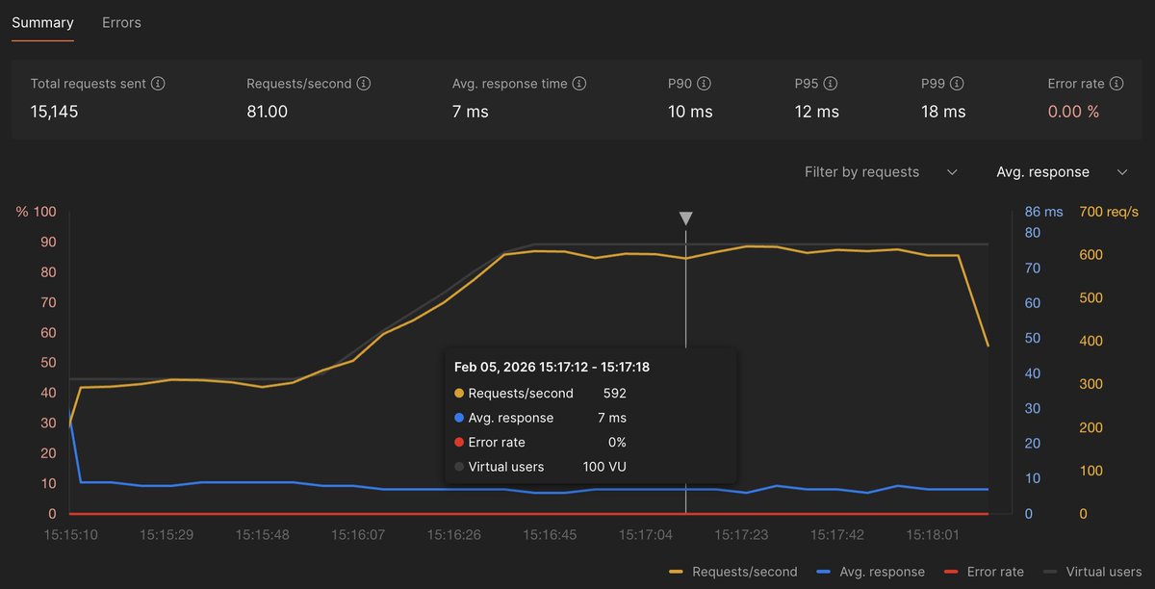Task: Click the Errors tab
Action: pos(121,22)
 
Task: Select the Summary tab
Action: pos(42,22)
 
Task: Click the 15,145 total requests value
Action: pos(54,112)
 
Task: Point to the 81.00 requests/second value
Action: pos(267,112)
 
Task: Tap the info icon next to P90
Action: pos(704,84)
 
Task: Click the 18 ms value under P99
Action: pos(942,112)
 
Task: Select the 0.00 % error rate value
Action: pos(1073,112)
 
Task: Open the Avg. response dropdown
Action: pos(1061,172)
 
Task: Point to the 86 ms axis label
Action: pos(1043,212)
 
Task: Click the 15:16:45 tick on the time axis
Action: pos(549,534)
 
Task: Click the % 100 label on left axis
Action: pos(37,212)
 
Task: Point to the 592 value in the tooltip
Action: pos(614,393)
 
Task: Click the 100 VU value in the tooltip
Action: pos(604,467)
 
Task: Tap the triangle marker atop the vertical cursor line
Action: pos(685,218)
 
